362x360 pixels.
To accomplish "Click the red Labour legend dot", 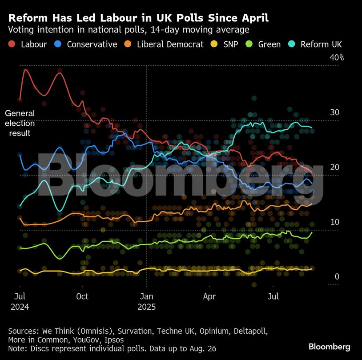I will (12, 44).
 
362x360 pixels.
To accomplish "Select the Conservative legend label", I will (92, 44).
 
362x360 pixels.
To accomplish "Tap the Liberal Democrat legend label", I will (170, 44).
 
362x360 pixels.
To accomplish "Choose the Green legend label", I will (269, 44).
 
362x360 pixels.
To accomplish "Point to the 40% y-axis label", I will (337, 57).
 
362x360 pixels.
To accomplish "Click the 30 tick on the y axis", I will (334, 112).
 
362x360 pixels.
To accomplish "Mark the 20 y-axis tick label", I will (334, 167).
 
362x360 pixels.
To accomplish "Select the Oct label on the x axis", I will (82, 296).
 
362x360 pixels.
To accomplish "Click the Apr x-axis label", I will (209, 296).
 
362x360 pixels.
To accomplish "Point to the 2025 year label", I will (147, 307).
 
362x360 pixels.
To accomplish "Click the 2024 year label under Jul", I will (20, 307).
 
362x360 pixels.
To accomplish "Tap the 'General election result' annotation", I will (20, 123).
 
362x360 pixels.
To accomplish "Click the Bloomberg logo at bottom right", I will (329, 347).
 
